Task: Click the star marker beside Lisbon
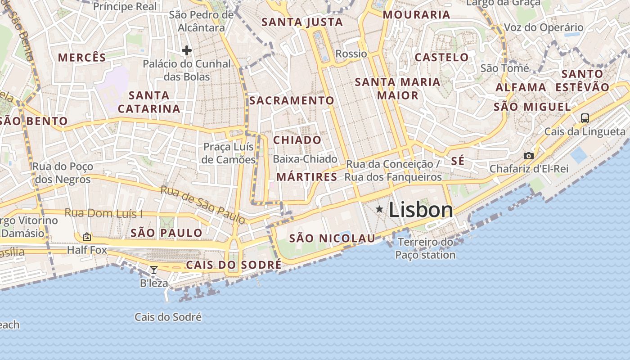click(x=379, y=209)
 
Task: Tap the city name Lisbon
click(x=421, y=210)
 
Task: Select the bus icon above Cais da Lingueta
click(x=585, y=118)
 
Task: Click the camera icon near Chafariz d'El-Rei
click(x=529, y=156)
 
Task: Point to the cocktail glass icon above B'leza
click(x=154, y=270)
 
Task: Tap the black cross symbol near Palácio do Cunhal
click(x=187, y=50)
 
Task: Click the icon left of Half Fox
click(x=86, y=236)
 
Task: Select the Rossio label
click(x=351, y=54)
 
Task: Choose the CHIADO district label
click(x=297, y=140)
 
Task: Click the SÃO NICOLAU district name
click(x=332, y=238)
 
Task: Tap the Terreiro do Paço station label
click(x=426, y=248)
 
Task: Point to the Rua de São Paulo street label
click(x=203, y=205)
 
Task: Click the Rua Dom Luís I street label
click(x=103, y=213)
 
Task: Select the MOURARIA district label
click(x=416, y=15)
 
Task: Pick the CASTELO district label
click(x=441, y=57)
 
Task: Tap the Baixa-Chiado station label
click(x=305, y=159)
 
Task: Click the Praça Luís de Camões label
click(x=229, y=153)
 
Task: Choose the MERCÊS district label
click(x=82, y=58)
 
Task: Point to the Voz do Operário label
click(x=544, y=27)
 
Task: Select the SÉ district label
click(x=457, y=161)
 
